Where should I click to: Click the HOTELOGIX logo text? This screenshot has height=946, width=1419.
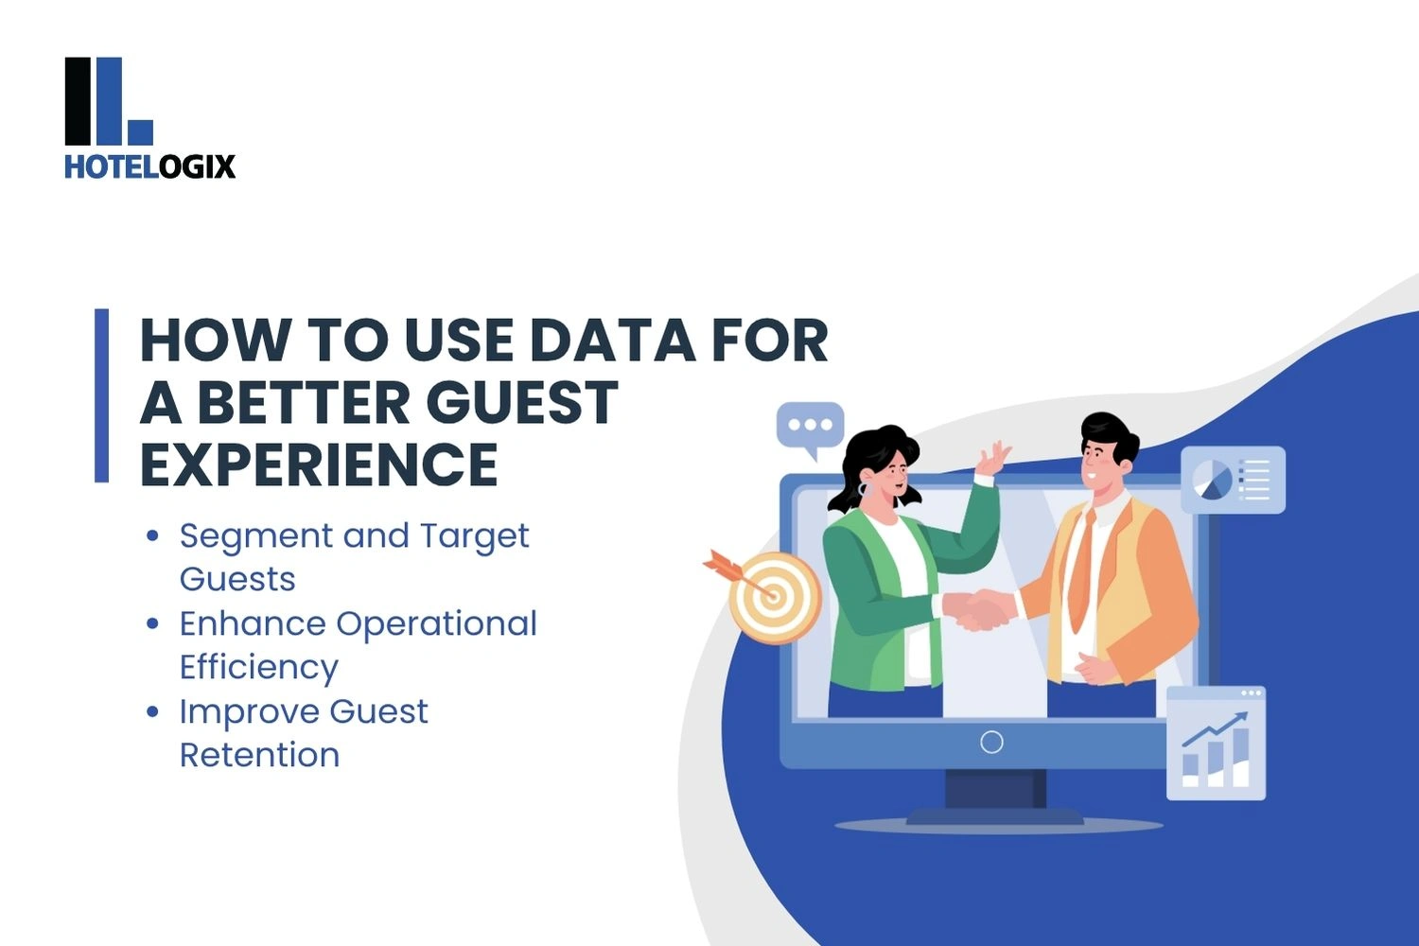[x=150, y=166]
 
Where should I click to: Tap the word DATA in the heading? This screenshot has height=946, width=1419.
[x=612, y=341]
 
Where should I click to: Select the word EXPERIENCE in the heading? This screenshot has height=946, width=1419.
[x=319, y=464]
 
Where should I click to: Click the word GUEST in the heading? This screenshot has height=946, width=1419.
[x=522, y=402]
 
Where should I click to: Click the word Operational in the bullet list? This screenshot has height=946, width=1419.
[x=436, y=624]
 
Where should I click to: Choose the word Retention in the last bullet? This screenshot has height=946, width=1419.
[x=260, y=755]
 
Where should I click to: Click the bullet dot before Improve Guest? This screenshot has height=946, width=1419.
[x=152, y=711]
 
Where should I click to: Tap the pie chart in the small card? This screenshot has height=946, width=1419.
[x=1213, y=480]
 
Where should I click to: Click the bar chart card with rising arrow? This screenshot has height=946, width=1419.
[x=1216, y=744]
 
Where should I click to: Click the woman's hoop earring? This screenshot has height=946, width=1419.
[x=866, y=490]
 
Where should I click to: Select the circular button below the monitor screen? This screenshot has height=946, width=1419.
[x=991, y=742]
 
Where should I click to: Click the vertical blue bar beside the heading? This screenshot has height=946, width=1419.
[x=101, y=395]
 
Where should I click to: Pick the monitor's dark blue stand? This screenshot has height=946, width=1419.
[x=995, y=797]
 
